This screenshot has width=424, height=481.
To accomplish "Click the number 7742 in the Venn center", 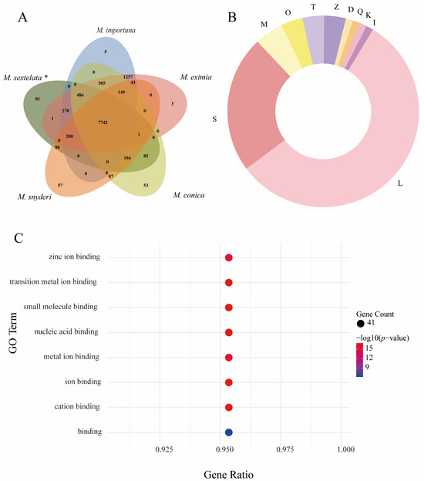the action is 103,123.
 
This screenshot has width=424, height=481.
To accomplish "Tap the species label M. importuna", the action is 116,30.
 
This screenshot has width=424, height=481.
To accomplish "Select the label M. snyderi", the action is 35,197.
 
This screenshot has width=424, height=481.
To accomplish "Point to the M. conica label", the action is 189,195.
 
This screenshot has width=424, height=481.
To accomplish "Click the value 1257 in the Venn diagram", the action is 128,76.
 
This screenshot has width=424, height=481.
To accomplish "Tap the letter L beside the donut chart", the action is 400,183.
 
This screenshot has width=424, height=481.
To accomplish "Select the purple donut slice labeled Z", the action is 334,40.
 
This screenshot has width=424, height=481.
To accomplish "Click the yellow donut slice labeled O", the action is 297,42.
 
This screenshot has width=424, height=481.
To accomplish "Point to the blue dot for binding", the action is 228,432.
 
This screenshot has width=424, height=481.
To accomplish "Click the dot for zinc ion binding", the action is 228,257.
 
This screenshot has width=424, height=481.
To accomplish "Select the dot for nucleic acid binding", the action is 228,332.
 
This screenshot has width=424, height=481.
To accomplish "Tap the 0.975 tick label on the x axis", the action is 285,449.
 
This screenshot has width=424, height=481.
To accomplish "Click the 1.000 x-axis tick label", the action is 346,449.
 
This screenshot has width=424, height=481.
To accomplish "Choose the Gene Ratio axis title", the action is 228,475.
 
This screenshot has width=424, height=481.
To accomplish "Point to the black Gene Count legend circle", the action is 361,323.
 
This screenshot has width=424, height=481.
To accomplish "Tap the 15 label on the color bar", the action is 369,348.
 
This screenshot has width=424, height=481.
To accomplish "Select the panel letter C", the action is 19,238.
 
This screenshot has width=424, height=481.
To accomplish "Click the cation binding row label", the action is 77,406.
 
